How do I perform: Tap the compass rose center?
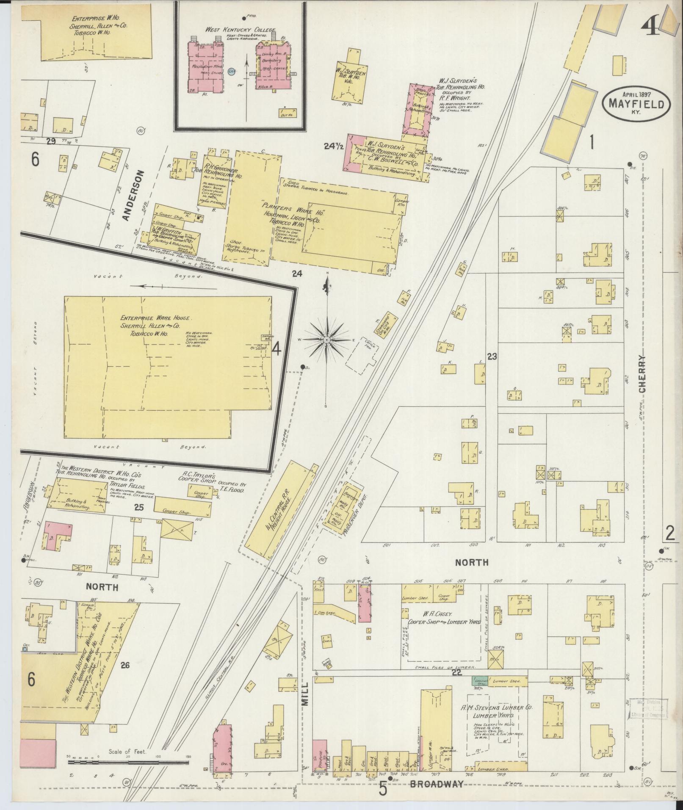327,340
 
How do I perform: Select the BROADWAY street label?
436,785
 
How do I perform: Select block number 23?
492,357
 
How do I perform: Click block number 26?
124,666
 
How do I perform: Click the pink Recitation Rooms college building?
205,68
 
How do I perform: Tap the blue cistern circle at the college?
231,72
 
